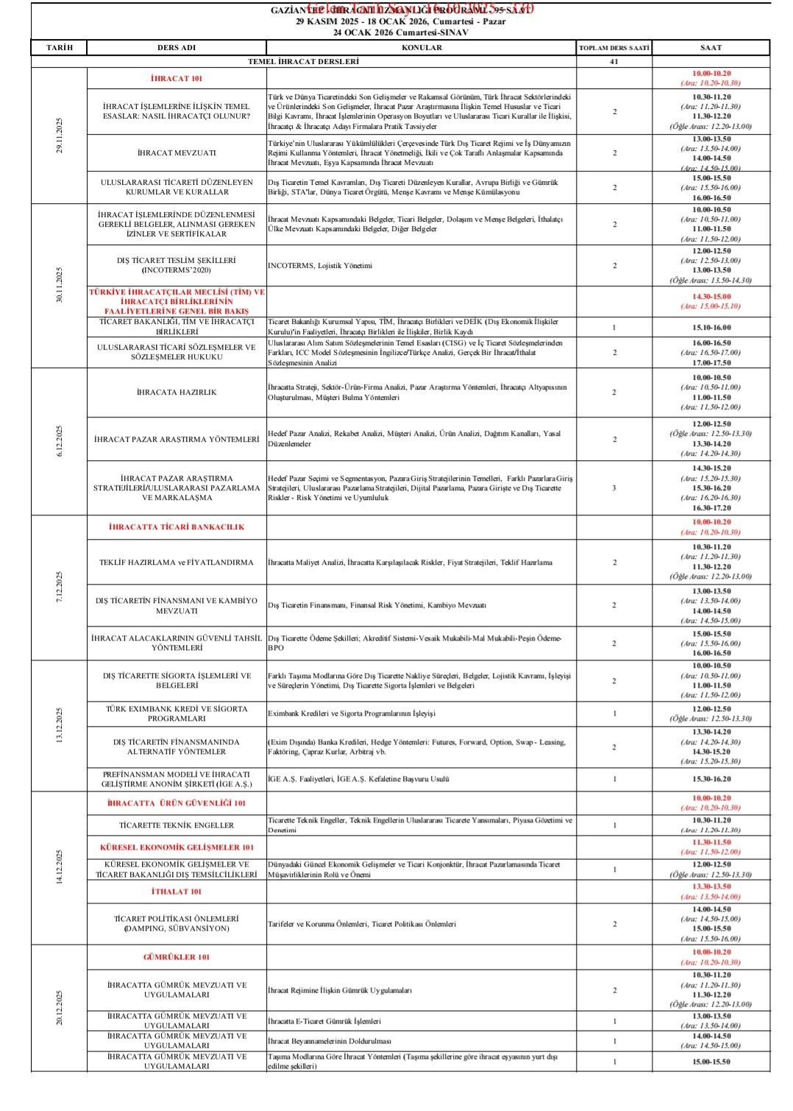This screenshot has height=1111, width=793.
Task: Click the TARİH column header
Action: (60, 48)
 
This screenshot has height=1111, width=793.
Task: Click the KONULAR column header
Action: (422, 48)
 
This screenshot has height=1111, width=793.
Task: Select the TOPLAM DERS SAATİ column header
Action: (614, 48)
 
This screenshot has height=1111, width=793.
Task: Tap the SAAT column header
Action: (711, 48)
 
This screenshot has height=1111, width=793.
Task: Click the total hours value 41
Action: (614, 62)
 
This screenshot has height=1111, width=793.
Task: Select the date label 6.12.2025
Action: (60, 441)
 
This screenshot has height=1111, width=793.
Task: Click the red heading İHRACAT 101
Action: (177, 79)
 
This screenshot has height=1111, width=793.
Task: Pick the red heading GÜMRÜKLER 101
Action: (177, 957)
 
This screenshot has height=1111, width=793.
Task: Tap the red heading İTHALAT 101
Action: (177, 892)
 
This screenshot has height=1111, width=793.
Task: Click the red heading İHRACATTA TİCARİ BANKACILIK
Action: (177, 527)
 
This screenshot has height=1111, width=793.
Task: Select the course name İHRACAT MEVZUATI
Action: (177, 153)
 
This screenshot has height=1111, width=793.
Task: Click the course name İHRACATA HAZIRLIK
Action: (177, 392)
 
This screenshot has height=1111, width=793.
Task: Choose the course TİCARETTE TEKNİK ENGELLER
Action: (177, 825)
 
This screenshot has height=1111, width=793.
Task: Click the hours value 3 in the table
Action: (614, 488)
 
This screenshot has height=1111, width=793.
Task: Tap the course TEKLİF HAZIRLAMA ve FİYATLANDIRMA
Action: (177, 562)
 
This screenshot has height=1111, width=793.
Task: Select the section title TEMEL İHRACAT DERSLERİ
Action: (303, 62)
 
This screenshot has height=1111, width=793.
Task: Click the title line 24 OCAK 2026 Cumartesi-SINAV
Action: (400, 32)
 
